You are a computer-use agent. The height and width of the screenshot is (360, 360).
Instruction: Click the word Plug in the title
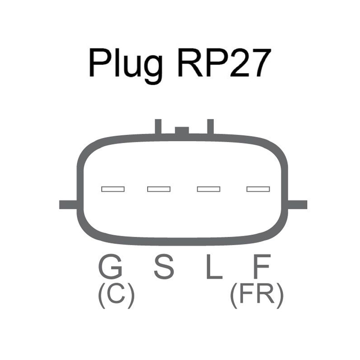click(126, 66)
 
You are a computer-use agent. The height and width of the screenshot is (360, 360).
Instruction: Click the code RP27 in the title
click(224, 63)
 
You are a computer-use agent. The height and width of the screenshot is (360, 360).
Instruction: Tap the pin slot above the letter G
click(113, 189)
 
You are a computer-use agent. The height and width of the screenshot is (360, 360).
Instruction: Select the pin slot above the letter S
click(159, 189)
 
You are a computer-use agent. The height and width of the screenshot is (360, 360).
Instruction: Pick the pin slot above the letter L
click(209, 189)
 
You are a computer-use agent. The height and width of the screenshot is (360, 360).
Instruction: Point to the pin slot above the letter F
click(258, 189)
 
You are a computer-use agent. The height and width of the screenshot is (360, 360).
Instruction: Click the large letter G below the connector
click(110, 266)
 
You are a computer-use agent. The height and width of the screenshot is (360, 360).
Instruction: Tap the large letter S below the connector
click(164, 266)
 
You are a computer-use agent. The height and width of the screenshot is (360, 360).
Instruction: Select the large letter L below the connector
click(214, 267)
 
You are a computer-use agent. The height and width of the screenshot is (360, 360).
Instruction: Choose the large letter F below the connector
click(262, 267)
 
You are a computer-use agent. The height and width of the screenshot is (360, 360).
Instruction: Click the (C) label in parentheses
click(116, 295)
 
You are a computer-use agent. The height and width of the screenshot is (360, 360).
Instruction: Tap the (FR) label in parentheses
click(257, 295)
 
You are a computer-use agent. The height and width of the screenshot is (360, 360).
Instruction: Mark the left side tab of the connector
click(68, 205)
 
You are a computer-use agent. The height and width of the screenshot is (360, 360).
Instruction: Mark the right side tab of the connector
click(297, 205)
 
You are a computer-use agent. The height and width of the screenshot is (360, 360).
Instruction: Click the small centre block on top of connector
click(182, 130)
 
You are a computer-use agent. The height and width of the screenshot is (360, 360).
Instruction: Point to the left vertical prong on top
click(158, 127)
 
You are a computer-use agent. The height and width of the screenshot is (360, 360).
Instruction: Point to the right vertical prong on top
click(211, 127)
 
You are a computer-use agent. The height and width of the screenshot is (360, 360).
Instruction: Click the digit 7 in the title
click(259, 63)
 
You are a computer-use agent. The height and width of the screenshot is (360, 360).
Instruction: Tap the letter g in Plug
click(153, 69)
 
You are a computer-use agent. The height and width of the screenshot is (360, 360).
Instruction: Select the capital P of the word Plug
click(99, 63)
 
